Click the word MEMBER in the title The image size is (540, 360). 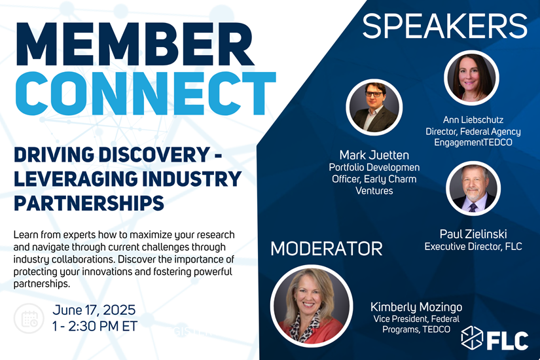pyautogui.click(x=134, y=45)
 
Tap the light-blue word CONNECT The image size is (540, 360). pyautogui.click(x=146, y=94)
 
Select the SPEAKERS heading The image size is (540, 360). pyautogui.click(x=444, y=26)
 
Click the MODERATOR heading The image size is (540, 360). pyautogui.click(x=327, y=249)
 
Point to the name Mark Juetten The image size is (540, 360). pyautogui.click(x=374, y=155)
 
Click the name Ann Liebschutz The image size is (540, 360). pyautogui.click(x=473, y=120)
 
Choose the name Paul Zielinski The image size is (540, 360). pyautogui.click(x=473, y=234)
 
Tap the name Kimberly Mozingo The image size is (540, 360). pyautogui.click(x=416, y=307)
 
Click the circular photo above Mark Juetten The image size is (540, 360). pyautogui.click(x=374, y=107)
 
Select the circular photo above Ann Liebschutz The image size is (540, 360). pyautogui.click(x=471, y=78)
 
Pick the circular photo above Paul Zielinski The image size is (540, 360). pyautogui.click(x=473, y=188)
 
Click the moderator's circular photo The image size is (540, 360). pyautogui.click(x=312, y=306)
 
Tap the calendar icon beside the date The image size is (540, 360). pyautogui.click(x=29, y=318)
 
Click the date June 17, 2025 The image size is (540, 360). pyautogui.click(x=94, y=310)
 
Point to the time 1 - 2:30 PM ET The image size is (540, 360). pyautogui.click(x=95, y=326)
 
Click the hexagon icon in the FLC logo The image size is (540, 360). pyautogui.click(x=472, y=337)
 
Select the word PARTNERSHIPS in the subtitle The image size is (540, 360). pyautogui.click(x=89, y=203)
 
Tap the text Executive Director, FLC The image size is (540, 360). pyautogui.click(x=473, y=247)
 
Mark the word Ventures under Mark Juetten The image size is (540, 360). pyautogui.click(x=374, y=191)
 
